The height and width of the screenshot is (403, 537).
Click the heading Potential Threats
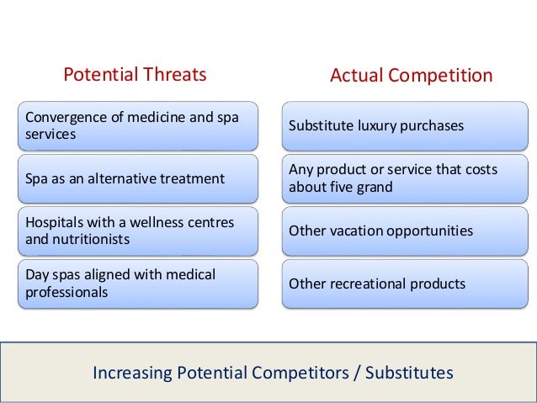pos(135,75)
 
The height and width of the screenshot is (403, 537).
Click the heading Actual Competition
pos(411,76)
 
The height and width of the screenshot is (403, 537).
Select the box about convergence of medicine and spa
pos(139,125)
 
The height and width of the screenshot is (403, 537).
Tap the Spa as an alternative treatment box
pos(139,178)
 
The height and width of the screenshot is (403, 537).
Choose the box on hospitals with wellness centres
pos(139,231)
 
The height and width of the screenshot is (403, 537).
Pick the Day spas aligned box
pos(139,284)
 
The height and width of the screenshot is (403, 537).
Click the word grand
pos(375,187)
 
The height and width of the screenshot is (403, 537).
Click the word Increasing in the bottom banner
pos(134,371)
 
